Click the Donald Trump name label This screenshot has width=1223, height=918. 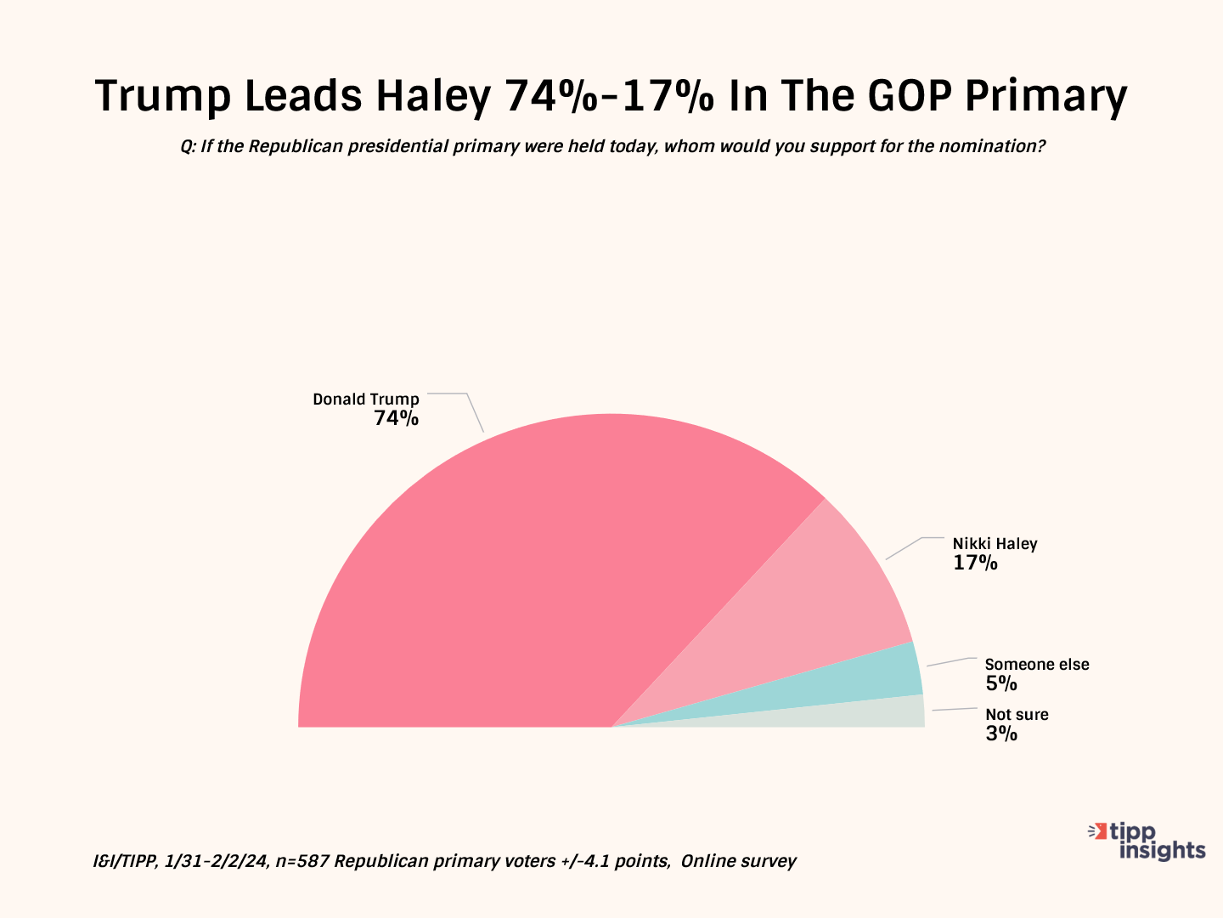pos(366,399)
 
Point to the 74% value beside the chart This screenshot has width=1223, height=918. pos(397,418)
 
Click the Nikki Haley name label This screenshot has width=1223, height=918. pos(995,544)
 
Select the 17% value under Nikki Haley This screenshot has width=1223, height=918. pos(975,563)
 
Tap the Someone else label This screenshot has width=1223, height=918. pos(1036,665)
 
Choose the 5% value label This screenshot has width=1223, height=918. pos(1001,683)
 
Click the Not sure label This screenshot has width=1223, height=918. pos(1017,715)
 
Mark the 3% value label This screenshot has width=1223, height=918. pos(1001,734)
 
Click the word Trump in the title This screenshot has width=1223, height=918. pos(162,96)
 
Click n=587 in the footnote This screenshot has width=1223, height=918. pos(302,861)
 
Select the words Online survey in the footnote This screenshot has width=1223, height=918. pos(738,861)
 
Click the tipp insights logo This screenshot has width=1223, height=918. pos(1147,841)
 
